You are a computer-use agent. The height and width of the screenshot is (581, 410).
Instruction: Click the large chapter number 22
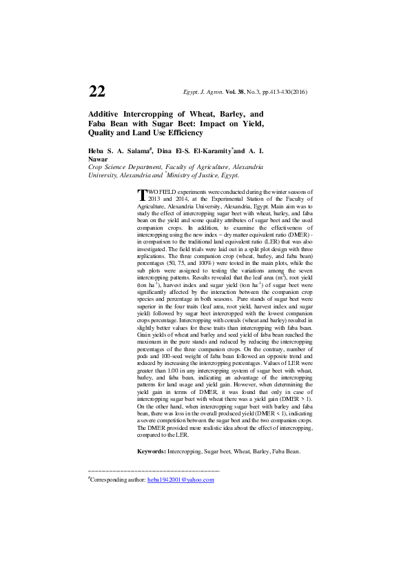click(x=97, y=92)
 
